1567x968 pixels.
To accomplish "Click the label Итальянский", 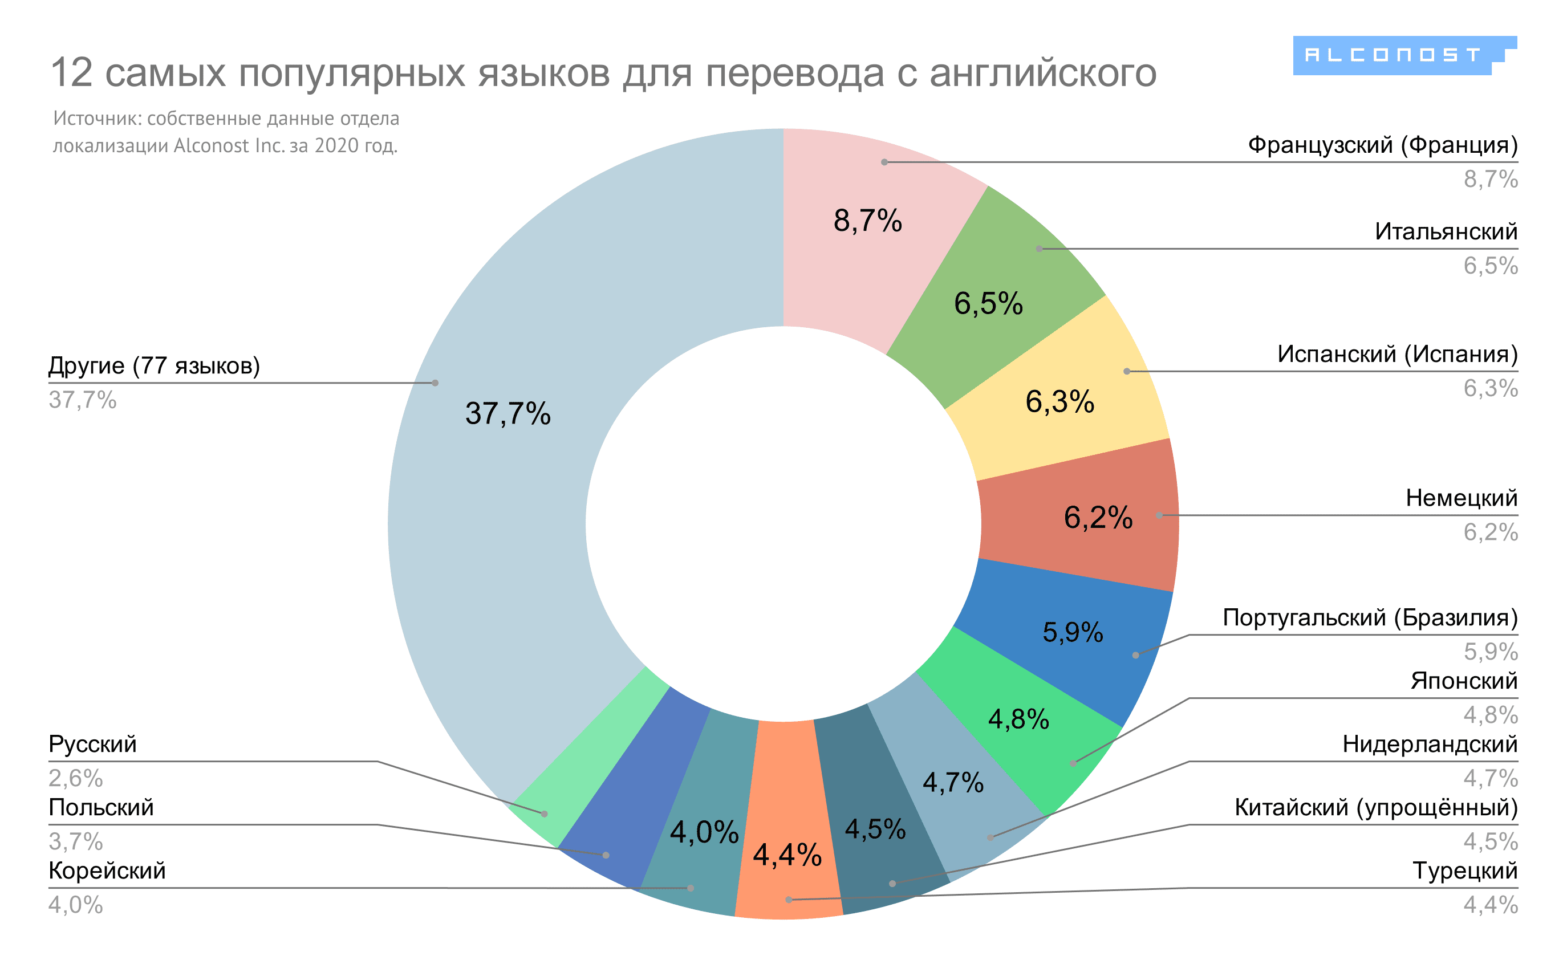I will tap(1446, 232).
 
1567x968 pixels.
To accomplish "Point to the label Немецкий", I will tap(1462, 498).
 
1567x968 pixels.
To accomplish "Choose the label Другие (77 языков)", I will tap(155, 365).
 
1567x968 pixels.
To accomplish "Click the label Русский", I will tap(93, 745).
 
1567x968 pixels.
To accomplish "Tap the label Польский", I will tap(101, 808).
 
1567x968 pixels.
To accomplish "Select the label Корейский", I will tap(107, 871).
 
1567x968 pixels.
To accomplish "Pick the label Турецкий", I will tap(1464, 871).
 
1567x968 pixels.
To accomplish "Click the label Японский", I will tap(1464, 681).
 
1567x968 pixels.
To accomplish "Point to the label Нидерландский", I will tap(1430, 745).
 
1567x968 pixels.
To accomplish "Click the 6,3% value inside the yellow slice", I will tap(1060, 402).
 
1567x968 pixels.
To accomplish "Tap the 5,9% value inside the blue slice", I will tap(1073, 633).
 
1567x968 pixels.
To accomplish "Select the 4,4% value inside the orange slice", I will tap(787, 855).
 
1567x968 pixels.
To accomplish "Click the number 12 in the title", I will tap(72, 72).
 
